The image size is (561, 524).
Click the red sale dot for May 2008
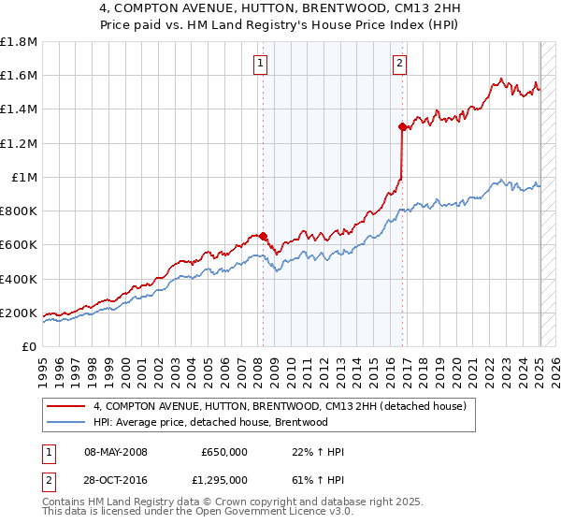coord(263,236)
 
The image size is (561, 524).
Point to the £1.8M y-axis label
coord(19,42)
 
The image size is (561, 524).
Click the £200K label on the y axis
coord(19,313)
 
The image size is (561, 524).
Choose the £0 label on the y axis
coord(30,346)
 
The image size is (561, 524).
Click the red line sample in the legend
coord(66,406)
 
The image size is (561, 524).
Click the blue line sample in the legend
coord(66,422)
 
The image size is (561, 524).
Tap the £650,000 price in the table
coord(224,452)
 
